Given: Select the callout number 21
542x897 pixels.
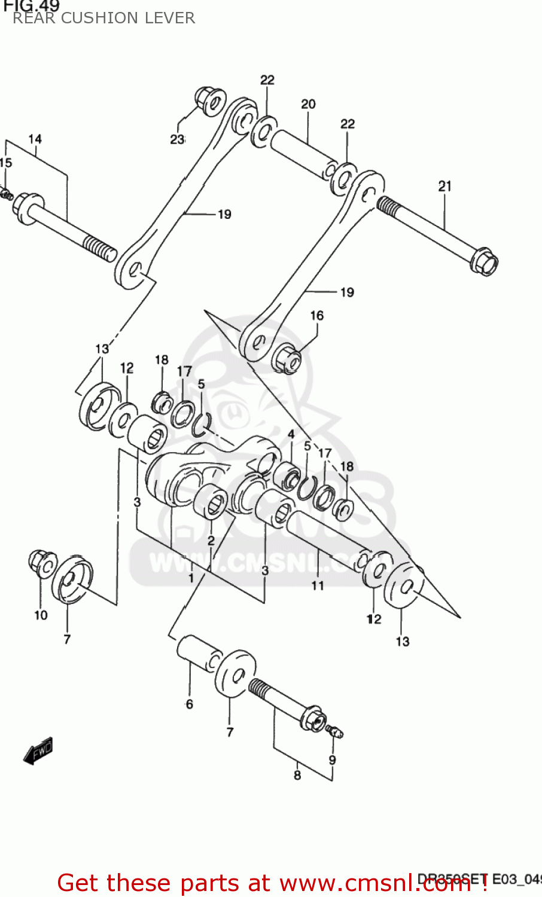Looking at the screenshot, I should (x=444, y=187).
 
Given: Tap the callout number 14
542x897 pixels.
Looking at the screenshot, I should (x=35, y=139).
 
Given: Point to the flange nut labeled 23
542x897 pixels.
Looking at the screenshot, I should (x=209, y=102).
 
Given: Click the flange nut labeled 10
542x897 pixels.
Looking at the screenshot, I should (x=41, y=563).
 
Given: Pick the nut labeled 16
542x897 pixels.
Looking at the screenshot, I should (x=287, y=359).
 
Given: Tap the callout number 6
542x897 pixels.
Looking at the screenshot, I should (x=190, y=704).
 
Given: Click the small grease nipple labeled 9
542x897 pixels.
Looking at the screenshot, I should (x=336, y=731).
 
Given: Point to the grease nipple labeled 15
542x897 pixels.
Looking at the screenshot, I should (x=6, y=194).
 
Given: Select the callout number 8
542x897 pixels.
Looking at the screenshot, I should (x=297, y=775).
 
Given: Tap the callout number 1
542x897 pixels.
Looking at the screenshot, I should (x=191, y=578).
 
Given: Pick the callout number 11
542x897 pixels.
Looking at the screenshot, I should (x=318, y=585).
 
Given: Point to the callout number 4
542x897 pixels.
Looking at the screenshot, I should (x=291, y=434).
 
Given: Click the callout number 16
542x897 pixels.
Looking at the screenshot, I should (x=317, y=315).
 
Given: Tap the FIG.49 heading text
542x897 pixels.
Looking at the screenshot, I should (x=31, y=6).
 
